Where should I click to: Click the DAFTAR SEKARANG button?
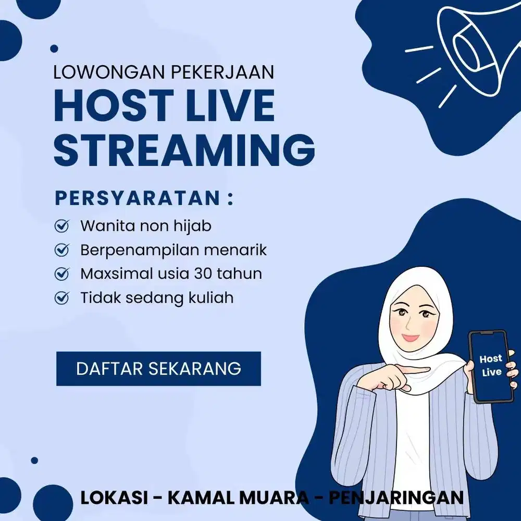pos(158,368)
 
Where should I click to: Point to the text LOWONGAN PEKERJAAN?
pos(164,72)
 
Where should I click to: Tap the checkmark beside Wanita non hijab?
pos(62,226)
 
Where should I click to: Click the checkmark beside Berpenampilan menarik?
pos(62,250)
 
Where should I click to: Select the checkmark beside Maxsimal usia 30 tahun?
pos(62,274)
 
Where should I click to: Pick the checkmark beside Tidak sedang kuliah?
pos(62,298)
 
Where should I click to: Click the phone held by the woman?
pos(490,366)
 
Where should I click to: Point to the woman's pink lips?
pos(411,337)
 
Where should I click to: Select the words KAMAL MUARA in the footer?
pos(238,498)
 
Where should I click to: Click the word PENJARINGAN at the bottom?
pos(396,498)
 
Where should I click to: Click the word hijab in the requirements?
pos(194,226)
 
